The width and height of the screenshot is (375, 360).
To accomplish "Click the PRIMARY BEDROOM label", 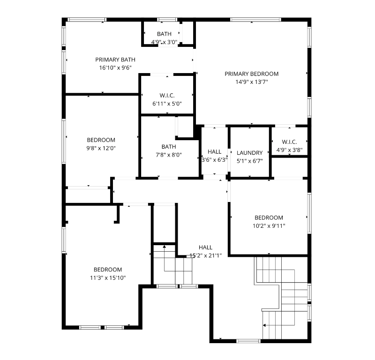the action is [252, 74].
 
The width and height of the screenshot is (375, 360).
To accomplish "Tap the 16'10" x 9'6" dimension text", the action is [115, 67].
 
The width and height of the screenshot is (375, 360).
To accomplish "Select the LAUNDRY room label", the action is [250, 153].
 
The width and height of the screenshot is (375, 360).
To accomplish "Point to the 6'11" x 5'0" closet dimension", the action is [167, 104].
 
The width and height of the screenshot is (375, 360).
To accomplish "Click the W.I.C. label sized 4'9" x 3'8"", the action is [289, 142].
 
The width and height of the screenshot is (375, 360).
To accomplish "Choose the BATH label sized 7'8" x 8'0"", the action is [169, 147].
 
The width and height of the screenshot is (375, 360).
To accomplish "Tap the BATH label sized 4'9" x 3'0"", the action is [165, 34].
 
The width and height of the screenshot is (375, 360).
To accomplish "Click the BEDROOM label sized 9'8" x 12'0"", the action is [101, 140].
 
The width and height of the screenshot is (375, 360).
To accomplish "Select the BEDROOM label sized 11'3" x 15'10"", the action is [108, 270].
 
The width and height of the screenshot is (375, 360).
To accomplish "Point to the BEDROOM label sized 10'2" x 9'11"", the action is [269, 217].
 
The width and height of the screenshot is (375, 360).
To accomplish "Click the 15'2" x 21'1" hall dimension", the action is [206, 255].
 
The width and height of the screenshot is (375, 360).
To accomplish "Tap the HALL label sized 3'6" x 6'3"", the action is [215, 152].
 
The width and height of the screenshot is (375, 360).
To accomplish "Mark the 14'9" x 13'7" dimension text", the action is [252, 82].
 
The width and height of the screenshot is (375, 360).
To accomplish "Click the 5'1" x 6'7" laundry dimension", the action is [250, 161].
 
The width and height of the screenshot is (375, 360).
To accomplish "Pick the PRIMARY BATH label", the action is [115, 60].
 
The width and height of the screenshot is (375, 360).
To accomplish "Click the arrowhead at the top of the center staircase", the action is [165, 247].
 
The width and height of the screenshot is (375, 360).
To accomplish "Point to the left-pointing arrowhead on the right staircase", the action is [264, 325].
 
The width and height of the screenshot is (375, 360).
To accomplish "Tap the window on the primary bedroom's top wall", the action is [255, 20].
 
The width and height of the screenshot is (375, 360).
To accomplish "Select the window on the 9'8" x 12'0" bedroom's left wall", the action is [64, 142].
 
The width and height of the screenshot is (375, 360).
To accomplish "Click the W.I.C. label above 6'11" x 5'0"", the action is [167, 96].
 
